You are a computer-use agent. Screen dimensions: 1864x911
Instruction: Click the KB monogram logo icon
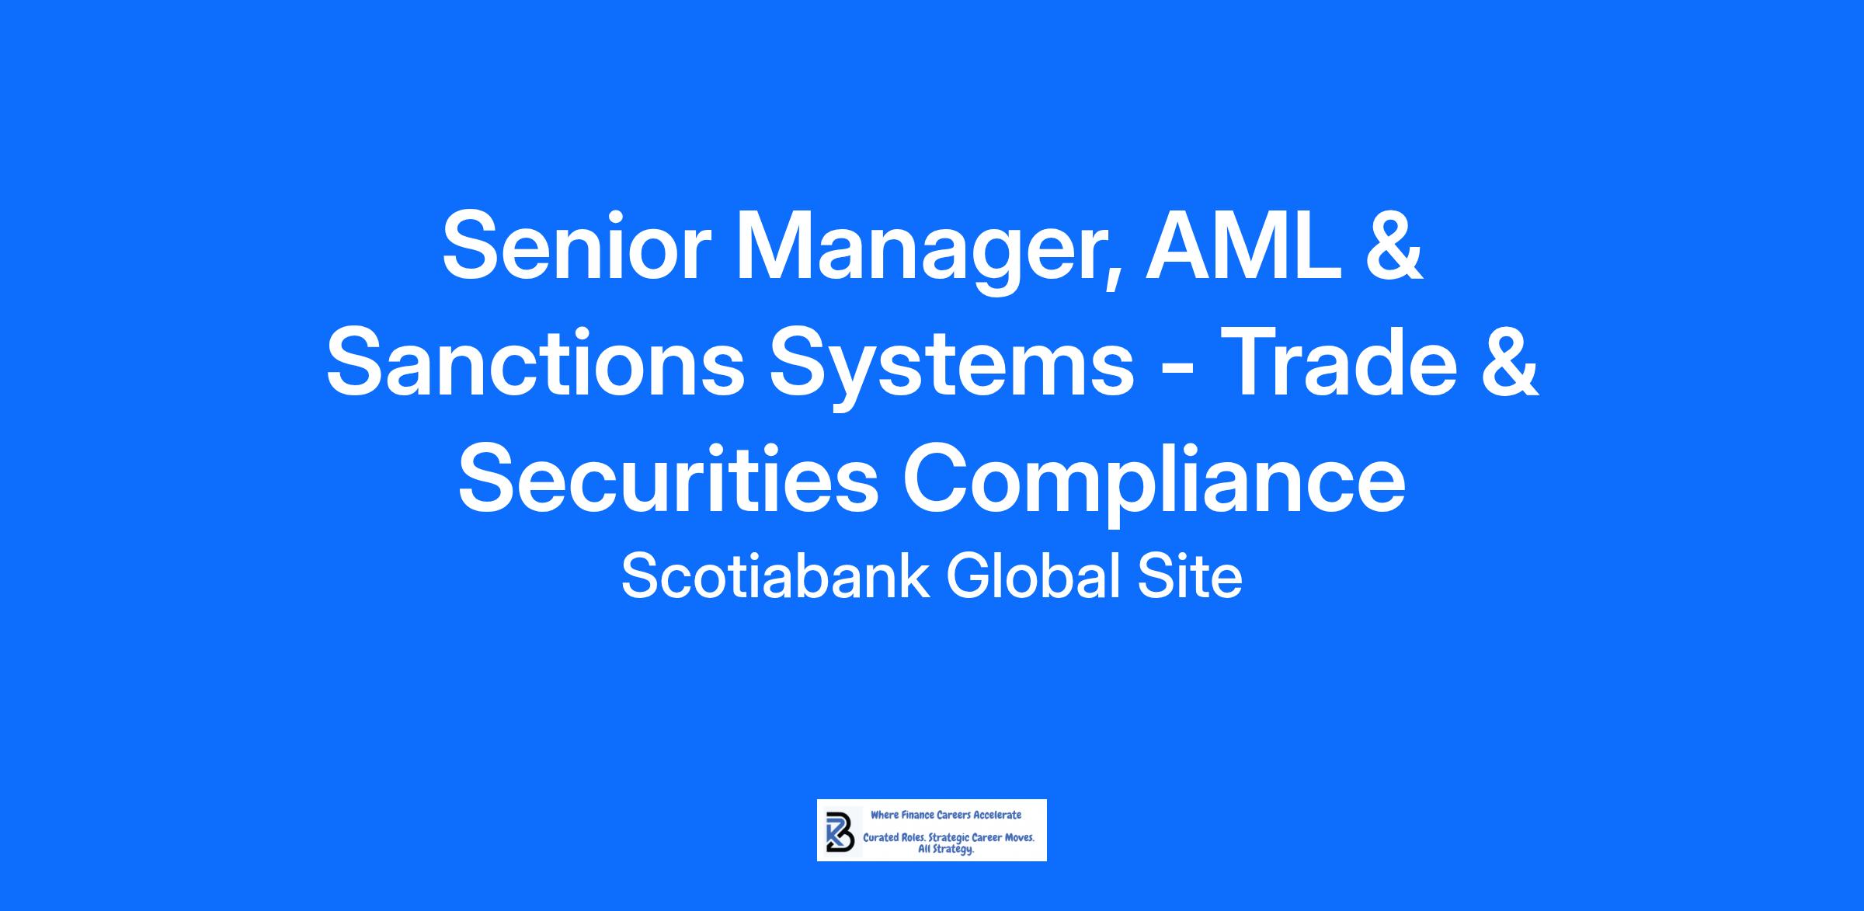840,830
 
